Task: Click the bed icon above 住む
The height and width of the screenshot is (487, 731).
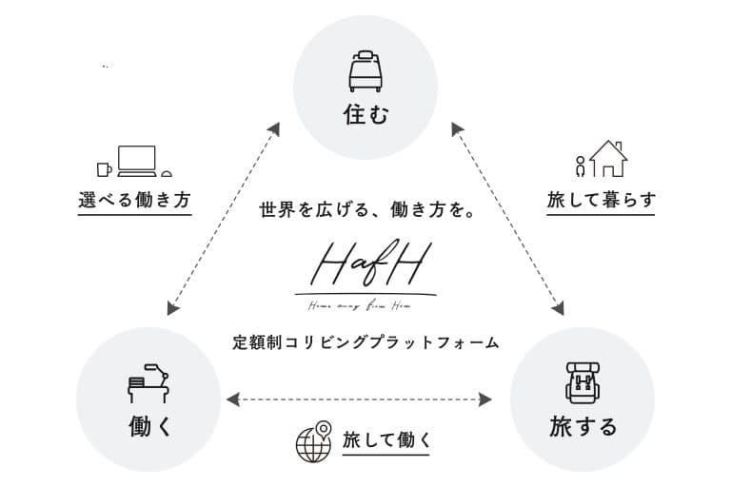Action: click(x=365, y=69)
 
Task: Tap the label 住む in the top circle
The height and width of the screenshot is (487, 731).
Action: click(x=365, y=116)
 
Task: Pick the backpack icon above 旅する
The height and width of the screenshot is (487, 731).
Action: click(x=582, y=381)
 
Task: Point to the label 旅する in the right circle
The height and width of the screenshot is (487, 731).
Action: click(x=583, y=426)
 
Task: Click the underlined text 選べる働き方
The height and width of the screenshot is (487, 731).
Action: click(x=134, y=201)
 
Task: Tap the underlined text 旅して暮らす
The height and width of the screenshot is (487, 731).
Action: click(x=601, y=201)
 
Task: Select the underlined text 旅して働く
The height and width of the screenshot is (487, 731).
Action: click(x=386, y=440)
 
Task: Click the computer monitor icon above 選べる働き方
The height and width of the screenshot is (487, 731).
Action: click(x=136, y=160)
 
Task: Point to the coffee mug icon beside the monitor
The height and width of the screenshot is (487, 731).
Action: click(x=103, y=169)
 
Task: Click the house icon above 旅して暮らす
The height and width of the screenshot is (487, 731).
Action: click(x=608, y=159)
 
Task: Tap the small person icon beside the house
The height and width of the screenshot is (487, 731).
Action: click(x=580, y=166)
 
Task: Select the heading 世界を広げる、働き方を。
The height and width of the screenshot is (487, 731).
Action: click(x=365, y=210)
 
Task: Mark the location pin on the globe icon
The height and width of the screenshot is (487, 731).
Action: click(x=324, y=429)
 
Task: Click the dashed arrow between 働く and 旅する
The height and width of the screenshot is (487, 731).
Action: click(x=365, y=399)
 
